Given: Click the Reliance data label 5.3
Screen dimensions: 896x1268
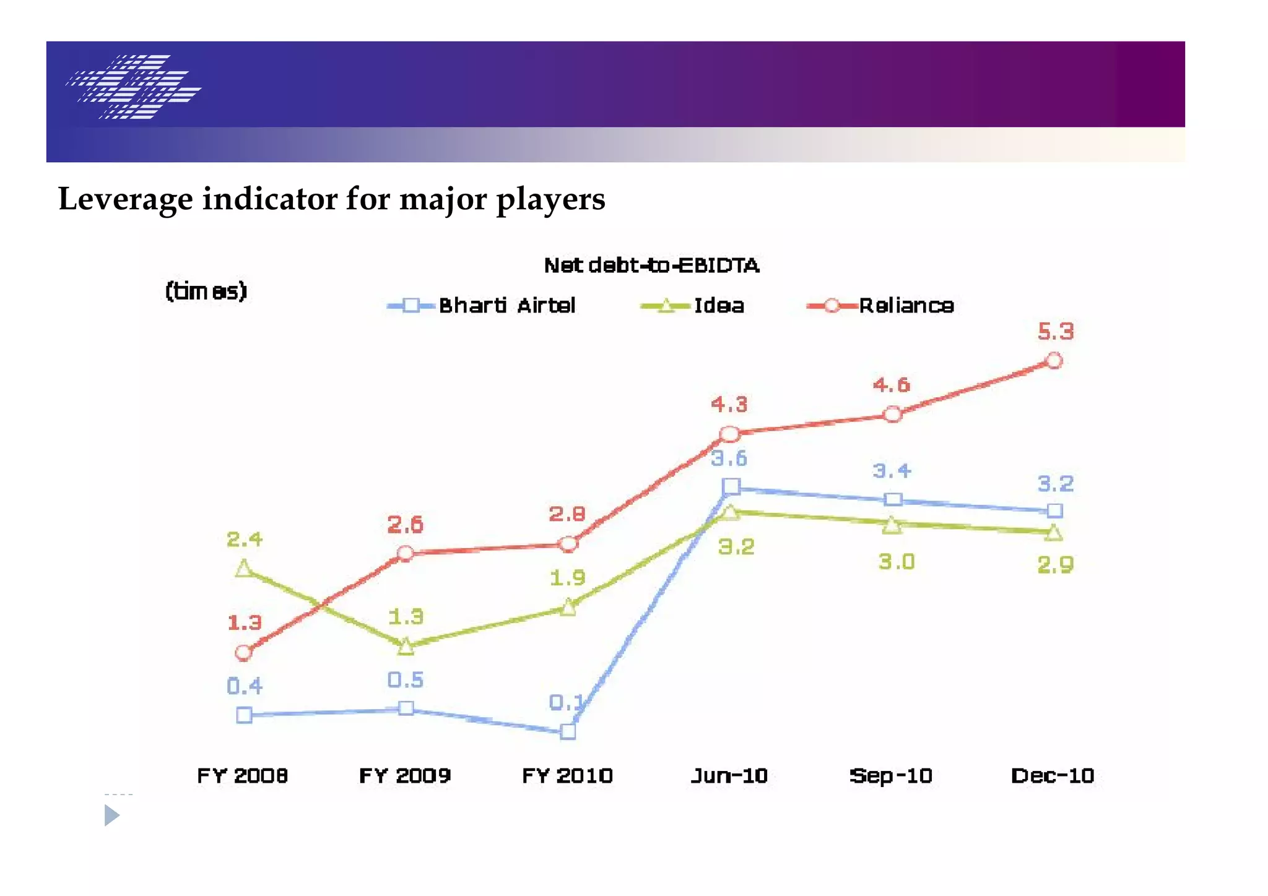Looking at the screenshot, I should click(x=1055, y=332).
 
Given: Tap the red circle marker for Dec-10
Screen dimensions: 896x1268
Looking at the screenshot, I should click(x=1054, y=361).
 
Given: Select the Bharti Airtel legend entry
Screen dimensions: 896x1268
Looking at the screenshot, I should click(x=482, y=306).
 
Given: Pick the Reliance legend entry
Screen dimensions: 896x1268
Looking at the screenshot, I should click(x=880, y=306).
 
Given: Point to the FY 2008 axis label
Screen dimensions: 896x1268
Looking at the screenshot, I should click(x=242, y=776).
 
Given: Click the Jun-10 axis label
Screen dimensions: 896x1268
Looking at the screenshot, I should click(x=729, y=776).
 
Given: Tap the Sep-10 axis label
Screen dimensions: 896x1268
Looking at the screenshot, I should click(x=890, y=776).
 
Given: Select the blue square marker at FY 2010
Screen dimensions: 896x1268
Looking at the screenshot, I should click(x=568, y=732).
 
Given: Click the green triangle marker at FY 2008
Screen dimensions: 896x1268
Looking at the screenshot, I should click(x=244, y=569).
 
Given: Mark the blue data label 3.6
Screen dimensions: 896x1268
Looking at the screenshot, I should click(x=729, y=459).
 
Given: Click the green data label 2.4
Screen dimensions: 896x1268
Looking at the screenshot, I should click(x=244, y=540).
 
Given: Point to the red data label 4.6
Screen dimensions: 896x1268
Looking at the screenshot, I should click(x=891, y=386).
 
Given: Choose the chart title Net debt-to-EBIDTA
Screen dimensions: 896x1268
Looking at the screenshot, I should click(x=651, y=265).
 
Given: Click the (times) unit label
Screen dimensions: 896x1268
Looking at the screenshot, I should click(x=206, y=291).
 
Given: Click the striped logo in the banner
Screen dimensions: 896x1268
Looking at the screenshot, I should click(x=134, y=87).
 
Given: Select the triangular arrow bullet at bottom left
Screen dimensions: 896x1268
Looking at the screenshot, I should click(x=111, y=815).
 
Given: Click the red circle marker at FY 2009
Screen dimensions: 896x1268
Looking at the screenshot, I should click(x=405, y=553).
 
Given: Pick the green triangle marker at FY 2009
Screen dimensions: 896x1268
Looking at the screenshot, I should click(x=406, y=647).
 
